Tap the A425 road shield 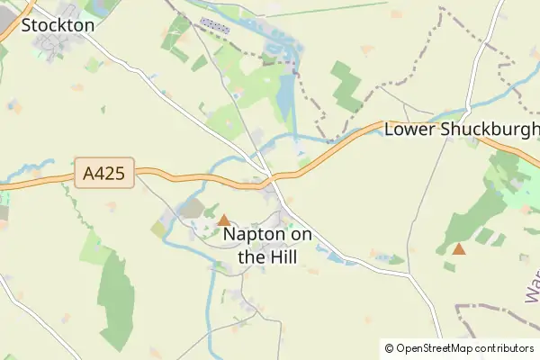104,174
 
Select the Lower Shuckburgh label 461,130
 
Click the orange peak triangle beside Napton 223,220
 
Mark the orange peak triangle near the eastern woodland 459,248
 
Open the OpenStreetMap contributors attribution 459,348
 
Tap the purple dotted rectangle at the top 215,22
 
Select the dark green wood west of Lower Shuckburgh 345,86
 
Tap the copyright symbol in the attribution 389,348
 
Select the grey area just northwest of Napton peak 192,209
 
